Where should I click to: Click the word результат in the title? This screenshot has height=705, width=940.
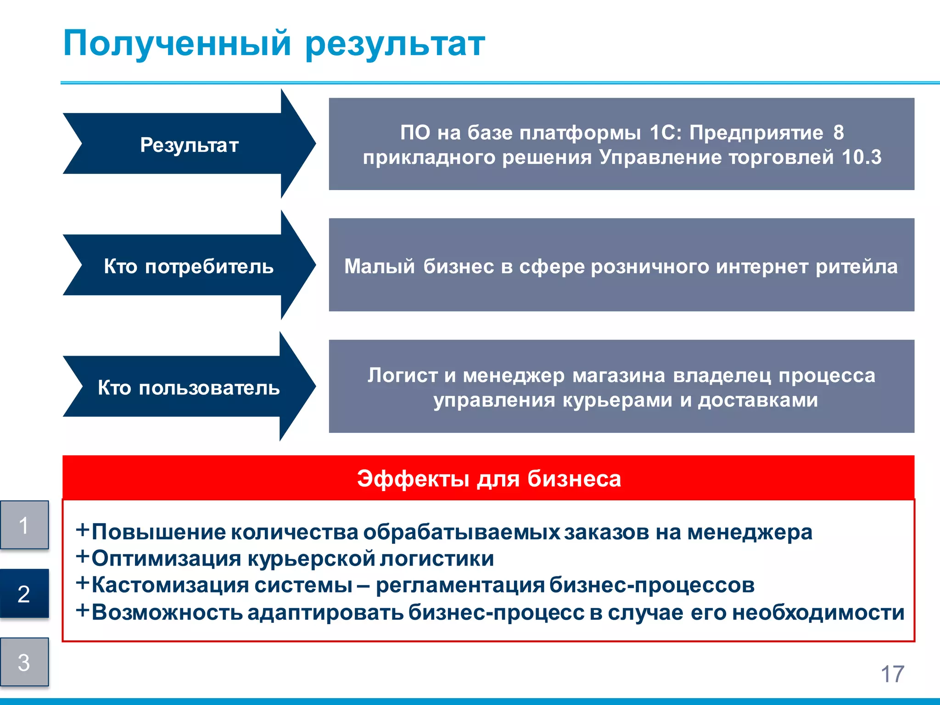(x=395, y=45)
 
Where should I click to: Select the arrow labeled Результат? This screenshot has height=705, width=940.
(x=189, y=145)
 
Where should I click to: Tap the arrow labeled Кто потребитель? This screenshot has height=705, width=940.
(x=189, y=266)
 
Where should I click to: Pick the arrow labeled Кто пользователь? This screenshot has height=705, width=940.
(x=189, y=388)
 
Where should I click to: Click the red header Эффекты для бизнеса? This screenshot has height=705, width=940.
(x=489, y=479)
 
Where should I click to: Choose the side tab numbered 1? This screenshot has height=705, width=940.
(x=24, y=525)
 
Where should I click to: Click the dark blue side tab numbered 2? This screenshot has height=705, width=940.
(x=24, y=593)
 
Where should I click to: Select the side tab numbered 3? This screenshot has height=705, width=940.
(x=24, y=662)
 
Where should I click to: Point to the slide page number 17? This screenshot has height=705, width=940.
(x=892, y=674)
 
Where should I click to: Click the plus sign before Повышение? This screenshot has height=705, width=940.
(x=82, y=530)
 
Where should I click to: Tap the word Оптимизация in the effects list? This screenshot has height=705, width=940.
(x=166, y=559)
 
